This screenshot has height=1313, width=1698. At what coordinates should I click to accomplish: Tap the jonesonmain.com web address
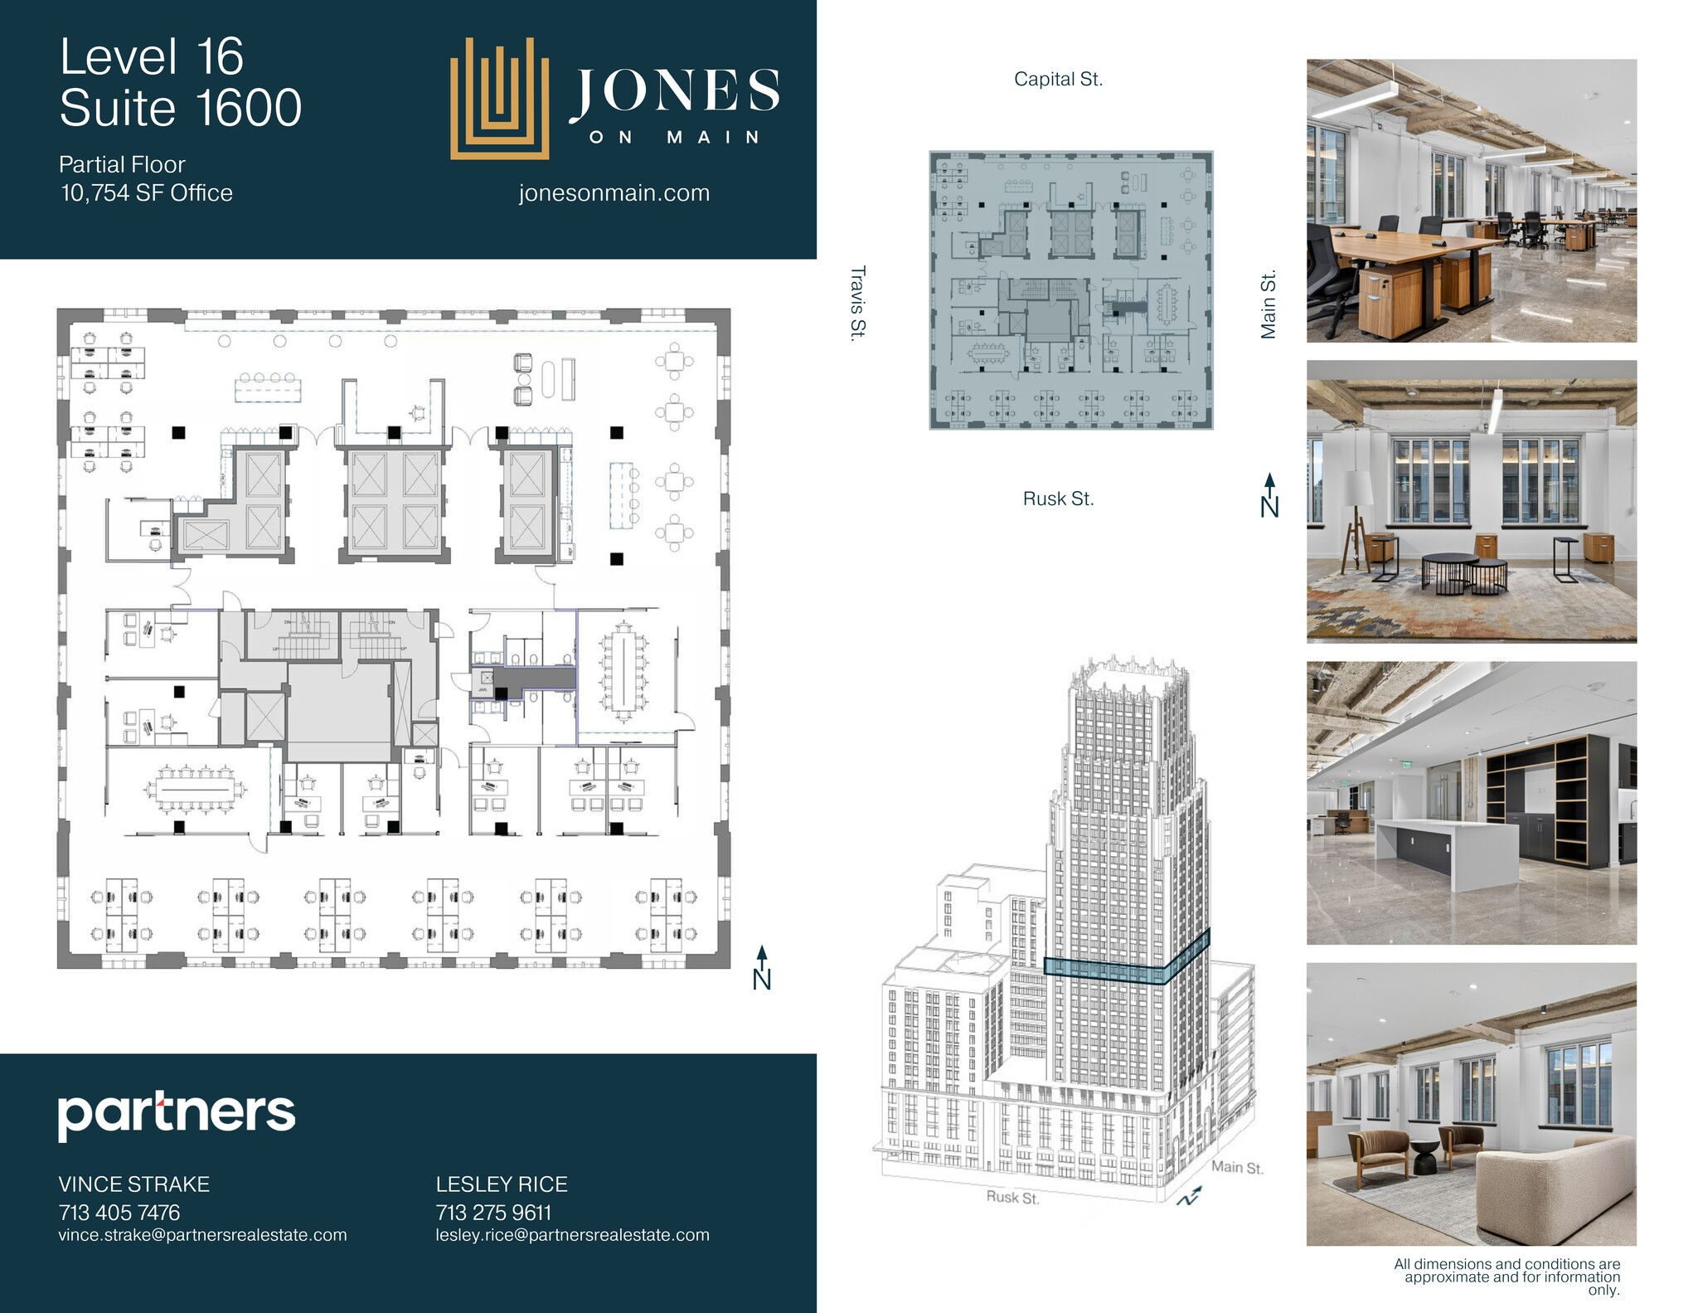[614, 193]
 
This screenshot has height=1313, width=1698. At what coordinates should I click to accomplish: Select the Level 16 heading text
[152, 57]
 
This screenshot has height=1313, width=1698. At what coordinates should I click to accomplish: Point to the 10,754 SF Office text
[147, 193]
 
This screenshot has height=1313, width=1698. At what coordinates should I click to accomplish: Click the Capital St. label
[1058, 80]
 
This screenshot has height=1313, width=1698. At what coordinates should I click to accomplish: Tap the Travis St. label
[857, 302]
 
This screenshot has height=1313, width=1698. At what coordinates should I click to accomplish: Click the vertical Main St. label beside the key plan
[1268, 304]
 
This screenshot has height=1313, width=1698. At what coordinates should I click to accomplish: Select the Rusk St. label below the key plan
[1058, 499]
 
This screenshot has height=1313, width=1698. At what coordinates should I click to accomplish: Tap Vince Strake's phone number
[119, 1213]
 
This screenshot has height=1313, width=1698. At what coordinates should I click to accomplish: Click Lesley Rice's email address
[572, 1235]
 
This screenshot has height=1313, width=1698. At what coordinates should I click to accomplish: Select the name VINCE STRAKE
[133, 1184]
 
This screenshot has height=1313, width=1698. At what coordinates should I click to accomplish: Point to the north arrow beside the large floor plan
[761, 968]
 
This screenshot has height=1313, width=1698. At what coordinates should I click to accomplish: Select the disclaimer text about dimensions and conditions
[1506, 1277]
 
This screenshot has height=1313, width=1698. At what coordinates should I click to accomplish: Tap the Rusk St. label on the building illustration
[1012, 1198]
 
